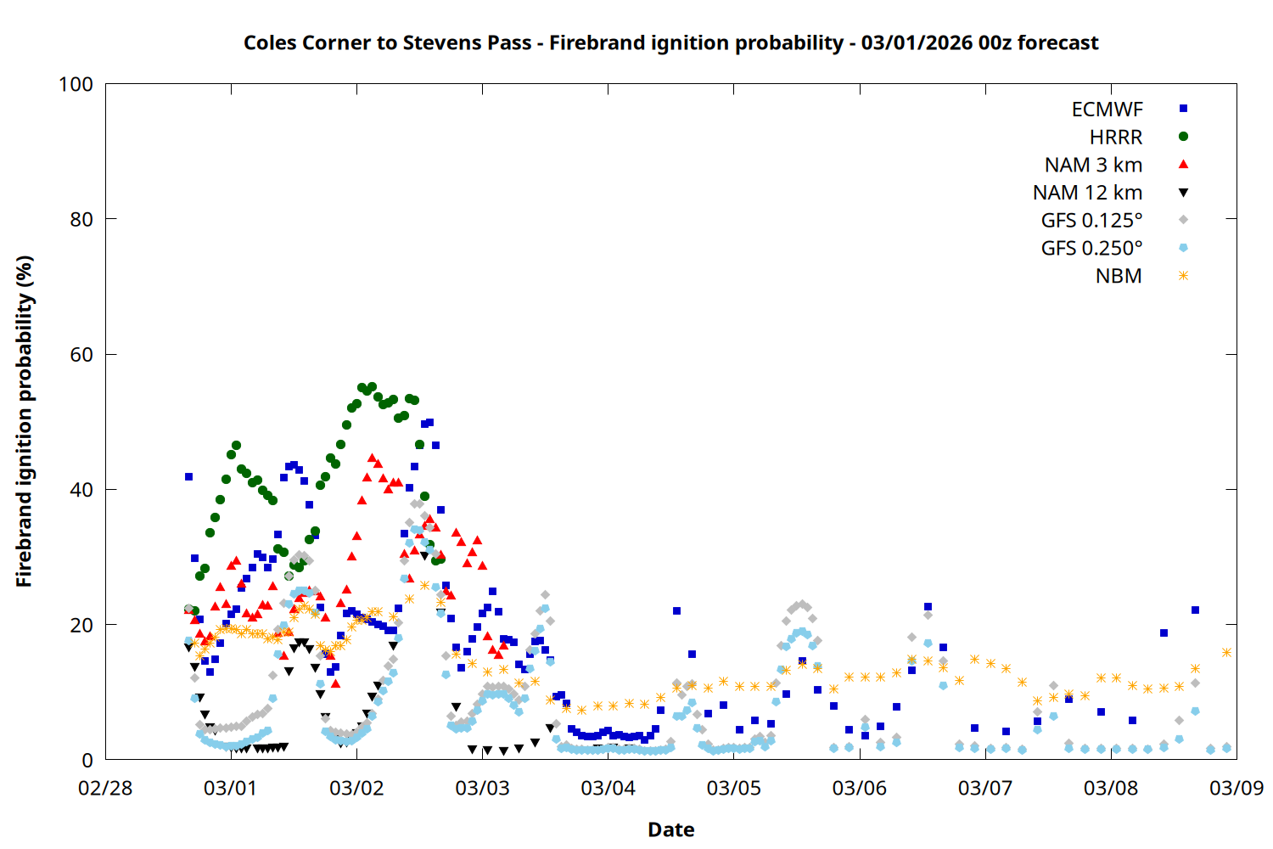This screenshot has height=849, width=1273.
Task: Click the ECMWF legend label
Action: (x=1107, y=110)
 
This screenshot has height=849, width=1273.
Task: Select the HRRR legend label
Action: (x=1116, y=138)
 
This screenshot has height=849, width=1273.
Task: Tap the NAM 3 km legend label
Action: (x=1093, y=166)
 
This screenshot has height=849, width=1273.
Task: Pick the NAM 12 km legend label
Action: (x=1087, y=194)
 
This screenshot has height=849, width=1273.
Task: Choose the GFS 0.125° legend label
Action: (x=1091, y=221)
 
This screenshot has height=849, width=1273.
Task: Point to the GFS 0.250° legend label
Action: (x=1091, y=249)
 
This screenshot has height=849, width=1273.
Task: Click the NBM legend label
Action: (x=1119, y=277)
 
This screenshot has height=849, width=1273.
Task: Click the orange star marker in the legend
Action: (x=1183, y=276)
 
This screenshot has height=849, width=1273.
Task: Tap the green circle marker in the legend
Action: (x=1183, y=137)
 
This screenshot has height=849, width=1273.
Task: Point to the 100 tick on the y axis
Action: (x=76, y=84)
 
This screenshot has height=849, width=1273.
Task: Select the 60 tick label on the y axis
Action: (x=81, y=355)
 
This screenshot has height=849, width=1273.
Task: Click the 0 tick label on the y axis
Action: (x=87, y=761)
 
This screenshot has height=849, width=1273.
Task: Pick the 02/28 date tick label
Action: (x=105, y=789)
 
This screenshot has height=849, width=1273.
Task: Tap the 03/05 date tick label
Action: (x=733, y=789)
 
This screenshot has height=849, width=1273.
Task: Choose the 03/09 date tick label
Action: (x=1236, y=789)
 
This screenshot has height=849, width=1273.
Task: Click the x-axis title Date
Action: (x=670, y=829)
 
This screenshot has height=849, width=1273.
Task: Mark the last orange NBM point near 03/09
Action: (x=1226, y=652)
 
